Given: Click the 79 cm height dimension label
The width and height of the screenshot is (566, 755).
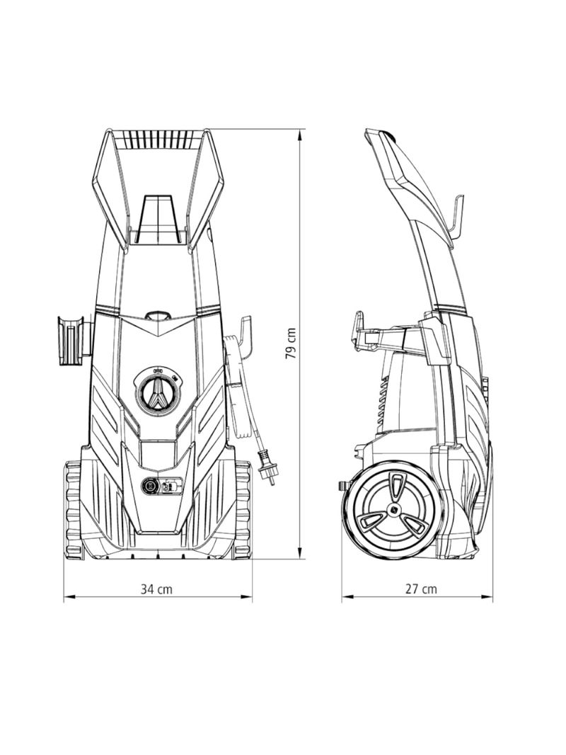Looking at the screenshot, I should coord(291,344).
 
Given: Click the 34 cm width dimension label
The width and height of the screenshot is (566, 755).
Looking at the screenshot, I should coord(156,589).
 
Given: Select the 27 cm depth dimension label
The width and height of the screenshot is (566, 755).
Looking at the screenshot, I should coord(421,589).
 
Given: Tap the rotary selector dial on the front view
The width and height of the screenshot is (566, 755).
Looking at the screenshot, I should coord(158,392).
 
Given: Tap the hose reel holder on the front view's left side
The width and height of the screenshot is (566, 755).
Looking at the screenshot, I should coord(71,340).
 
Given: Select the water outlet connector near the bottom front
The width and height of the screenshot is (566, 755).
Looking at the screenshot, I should coord(151,487).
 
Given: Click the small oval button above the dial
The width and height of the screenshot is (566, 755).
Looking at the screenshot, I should coord(158,317).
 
